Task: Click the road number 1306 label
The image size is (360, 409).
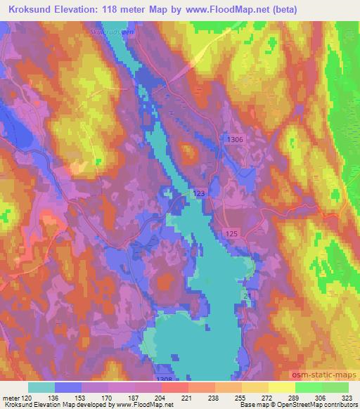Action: pos(236,140)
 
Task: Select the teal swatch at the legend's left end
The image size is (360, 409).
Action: pos(41,387)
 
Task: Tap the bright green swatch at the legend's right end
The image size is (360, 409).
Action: pos(335,387)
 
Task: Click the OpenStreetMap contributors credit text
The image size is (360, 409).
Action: pos(321,405)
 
